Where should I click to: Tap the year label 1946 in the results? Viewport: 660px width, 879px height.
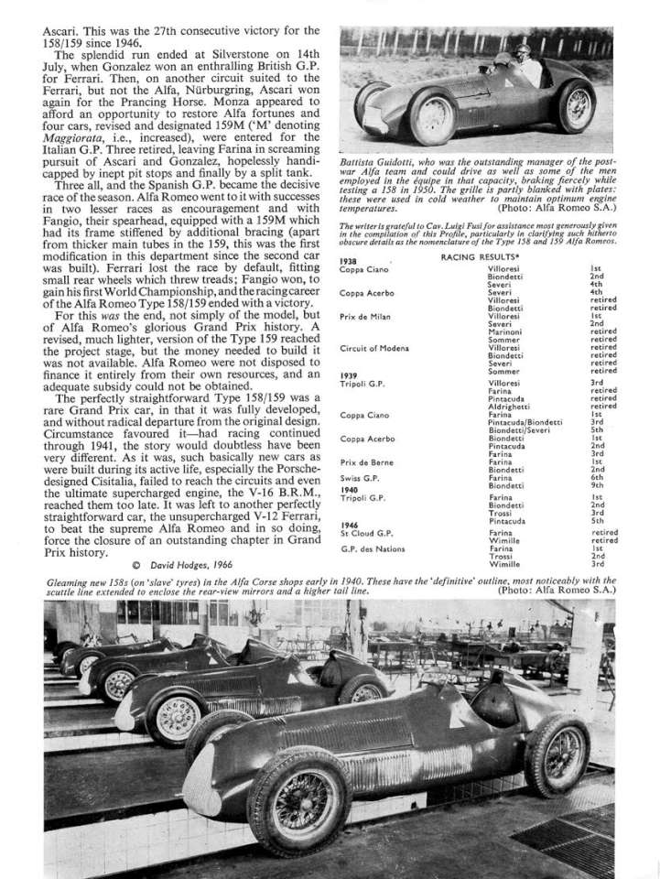tap(349, 526)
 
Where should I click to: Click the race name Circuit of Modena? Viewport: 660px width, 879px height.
tap(373, 349)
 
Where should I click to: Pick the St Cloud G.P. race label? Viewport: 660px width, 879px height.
tap(365, 533)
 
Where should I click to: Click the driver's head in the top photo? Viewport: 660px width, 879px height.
tap(499, 54)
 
